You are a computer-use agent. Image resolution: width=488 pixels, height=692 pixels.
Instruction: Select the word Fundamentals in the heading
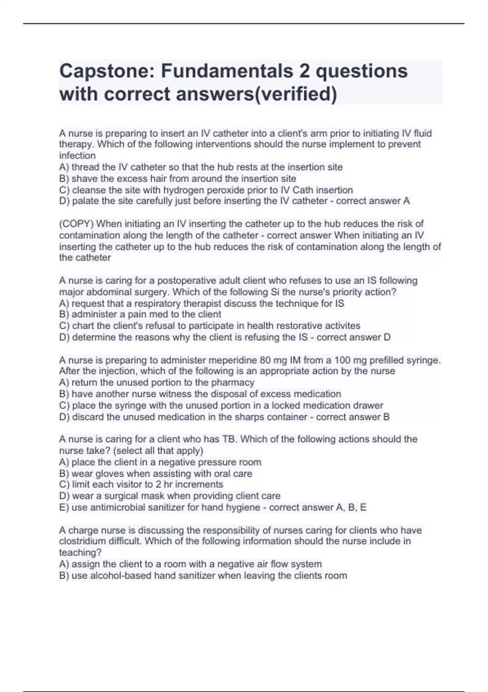[x=227, y=71]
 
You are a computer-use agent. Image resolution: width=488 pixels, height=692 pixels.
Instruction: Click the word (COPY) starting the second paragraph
[x=76, y=224]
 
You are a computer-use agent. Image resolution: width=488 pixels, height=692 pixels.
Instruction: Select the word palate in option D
[x=85, y=201]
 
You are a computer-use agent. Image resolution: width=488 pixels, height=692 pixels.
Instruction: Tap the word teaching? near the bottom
[x=80, y=553]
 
